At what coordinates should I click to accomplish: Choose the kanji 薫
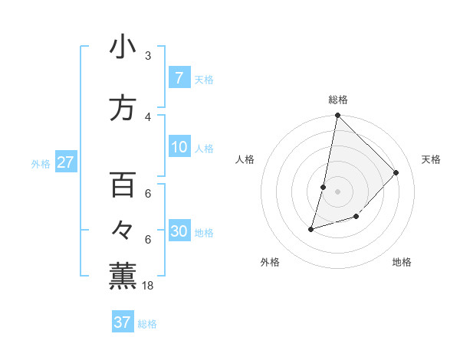click(123, 275)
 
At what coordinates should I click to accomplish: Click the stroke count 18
click(149, 285)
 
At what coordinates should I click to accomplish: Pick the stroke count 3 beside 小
click(148, 56)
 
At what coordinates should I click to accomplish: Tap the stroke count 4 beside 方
click(148, 116)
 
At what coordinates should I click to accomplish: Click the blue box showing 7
click(179, 78)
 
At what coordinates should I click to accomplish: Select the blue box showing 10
click(179, 147)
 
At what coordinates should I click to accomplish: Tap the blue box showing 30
click(179, 231)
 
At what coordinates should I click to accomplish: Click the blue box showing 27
click(65, 162)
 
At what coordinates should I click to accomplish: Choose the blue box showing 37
click(122, 322)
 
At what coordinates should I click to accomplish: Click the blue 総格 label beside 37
click(148, 323)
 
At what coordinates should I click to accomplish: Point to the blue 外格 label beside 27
click(41, 163)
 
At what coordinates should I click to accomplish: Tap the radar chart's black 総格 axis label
click(338, 100)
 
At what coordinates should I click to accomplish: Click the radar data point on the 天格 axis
click(396, 172)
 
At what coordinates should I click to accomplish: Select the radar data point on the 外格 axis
click(311, 228)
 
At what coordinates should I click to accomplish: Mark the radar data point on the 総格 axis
click(338, 116)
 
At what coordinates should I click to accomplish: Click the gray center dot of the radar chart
click(338, 191)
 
